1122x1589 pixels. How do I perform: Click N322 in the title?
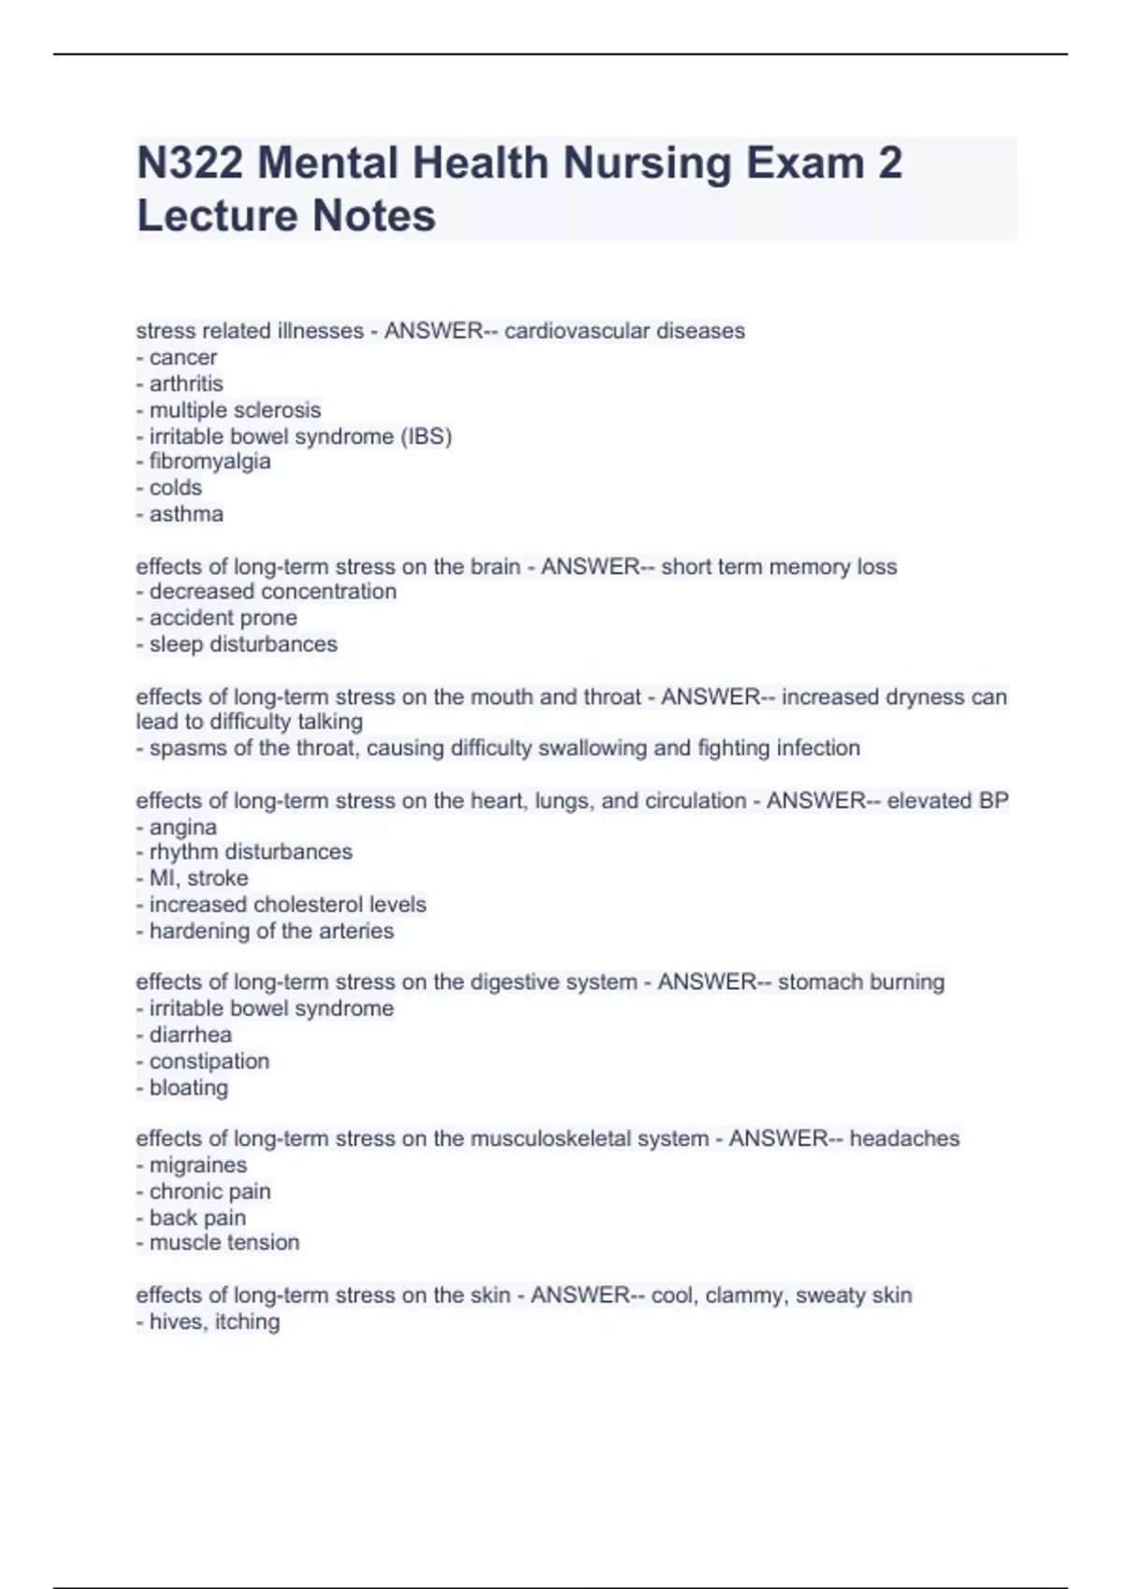190,164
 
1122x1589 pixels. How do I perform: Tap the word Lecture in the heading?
217,216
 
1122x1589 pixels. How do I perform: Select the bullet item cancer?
182,357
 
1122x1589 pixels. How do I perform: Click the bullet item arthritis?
186,383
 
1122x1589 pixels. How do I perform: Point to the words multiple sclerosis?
235,409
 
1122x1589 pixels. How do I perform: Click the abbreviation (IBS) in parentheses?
426,437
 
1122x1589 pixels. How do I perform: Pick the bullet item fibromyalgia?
209,462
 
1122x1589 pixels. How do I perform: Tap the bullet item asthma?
186,514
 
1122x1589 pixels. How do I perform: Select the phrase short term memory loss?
779,566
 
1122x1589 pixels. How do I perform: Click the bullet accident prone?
223,618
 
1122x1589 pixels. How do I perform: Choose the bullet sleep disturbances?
243,644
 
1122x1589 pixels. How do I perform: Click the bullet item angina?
182,827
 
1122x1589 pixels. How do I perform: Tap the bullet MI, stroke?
198,879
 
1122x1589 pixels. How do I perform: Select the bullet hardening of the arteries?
271,931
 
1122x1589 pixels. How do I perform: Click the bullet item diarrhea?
190,1035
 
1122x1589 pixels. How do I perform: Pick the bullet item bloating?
188,1088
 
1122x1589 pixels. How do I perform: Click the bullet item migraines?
197,1166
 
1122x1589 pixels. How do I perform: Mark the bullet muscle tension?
224,1243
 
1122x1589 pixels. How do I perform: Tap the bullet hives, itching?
214,1322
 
